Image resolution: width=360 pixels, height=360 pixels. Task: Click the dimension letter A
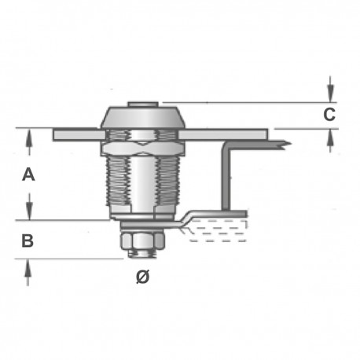[28, 175]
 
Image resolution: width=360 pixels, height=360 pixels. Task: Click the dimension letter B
[27, 241]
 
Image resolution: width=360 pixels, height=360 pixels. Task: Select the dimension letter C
[331, 115]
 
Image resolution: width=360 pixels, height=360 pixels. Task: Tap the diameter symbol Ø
[142, 278]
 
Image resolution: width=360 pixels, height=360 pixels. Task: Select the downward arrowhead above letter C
[331, 89]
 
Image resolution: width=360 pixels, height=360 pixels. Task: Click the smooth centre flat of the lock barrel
[142, 189]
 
